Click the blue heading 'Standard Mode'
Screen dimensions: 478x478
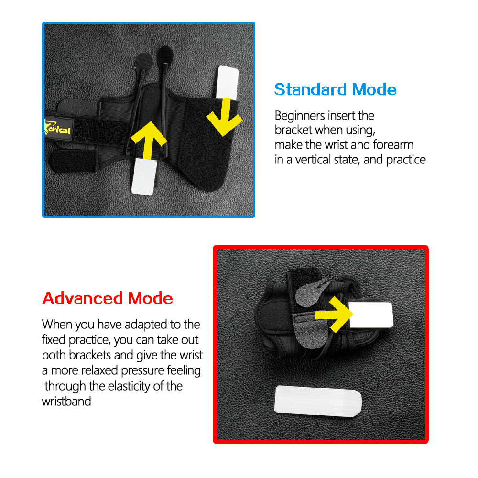tap(336, 90)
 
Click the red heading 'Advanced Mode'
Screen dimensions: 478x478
tap(108, 298)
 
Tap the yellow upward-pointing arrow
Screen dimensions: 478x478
tap(149, 140)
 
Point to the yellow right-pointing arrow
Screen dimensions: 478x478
tap(334, 315)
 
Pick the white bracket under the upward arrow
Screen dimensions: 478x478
tap(143, 176)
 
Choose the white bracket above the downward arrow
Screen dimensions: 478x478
tap(227, 83)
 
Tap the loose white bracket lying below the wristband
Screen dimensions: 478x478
tap(318, 401)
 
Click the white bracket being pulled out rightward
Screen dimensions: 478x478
tap(370, 315)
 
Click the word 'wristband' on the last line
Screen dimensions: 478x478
tap(66, 401)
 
